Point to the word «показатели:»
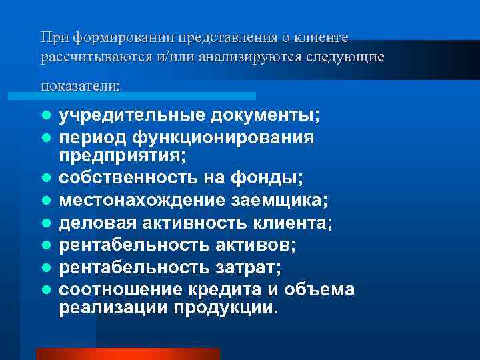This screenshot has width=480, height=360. click(81, 86)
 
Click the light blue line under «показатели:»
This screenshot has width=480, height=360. click(147, 96)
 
